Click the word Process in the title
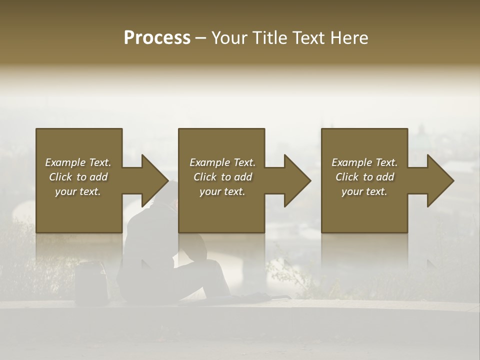click(x=157, y=38)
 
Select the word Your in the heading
click(x=227, y=38)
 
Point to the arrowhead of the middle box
click(x=297, y=180)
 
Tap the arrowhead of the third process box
click(x=440, y=180)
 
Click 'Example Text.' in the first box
click(x=78, y=162)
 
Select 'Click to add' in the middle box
click(x=222, y=177)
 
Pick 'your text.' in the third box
click(x=364, y=191)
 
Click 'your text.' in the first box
click(x=78, y=191)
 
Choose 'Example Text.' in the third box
click(x=364, y=162)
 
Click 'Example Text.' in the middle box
click(x=222, y=162)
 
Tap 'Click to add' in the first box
click(x=78, y=177)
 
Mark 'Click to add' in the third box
click(x=364, y=177)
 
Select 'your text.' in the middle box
click(x=222, y=191)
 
